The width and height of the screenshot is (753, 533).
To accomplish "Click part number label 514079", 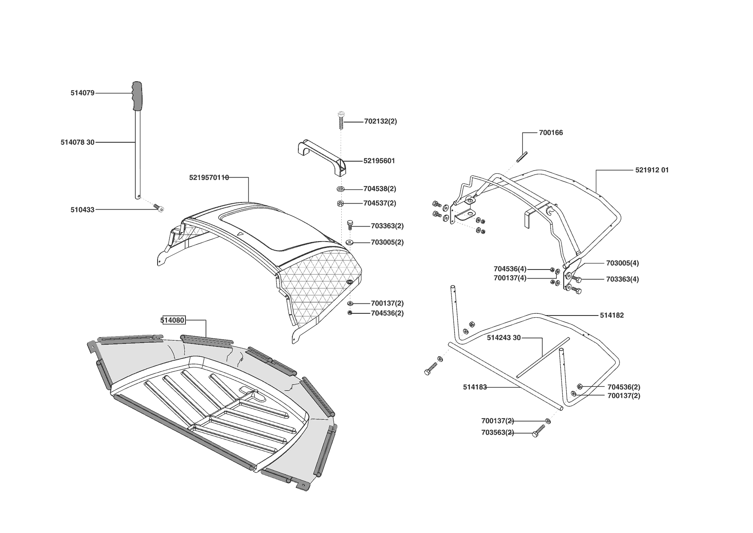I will tap(82, 93).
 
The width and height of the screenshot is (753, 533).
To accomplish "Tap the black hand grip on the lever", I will tap(137, 96).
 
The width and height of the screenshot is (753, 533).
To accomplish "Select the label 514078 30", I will tap(77, 142).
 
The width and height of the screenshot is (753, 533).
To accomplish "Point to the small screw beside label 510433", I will tap(159, 208).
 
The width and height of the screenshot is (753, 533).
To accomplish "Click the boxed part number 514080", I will tap(173, 320).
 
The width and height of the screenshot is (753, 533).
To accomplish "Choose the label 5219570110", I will tap(209, 178).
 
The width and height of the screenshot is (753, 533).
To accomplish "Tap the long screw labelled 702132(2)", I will tap(341, 120).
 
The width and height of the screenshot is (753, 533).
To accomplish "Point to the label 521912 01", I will tap(652, 170).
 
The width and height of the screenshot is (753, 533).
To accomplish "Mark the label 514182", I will tap(612, 316).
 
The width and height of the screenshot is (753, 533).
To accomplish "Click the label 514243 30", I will tap(504, 338).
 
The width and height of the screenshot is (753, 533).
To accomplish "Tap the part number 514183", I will tap(475, 387).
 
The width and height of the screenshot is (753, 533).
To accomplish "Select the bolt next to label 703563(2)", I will tap(538, 431).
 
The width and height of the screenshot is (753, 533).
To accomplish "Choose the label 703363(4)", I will tap(622, 279).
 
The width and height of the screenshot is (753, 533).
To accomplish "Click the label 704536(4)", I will tap(510, 269).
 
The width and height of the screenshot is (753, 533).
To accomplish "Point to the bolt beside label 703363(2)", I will tap(350, 224).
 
